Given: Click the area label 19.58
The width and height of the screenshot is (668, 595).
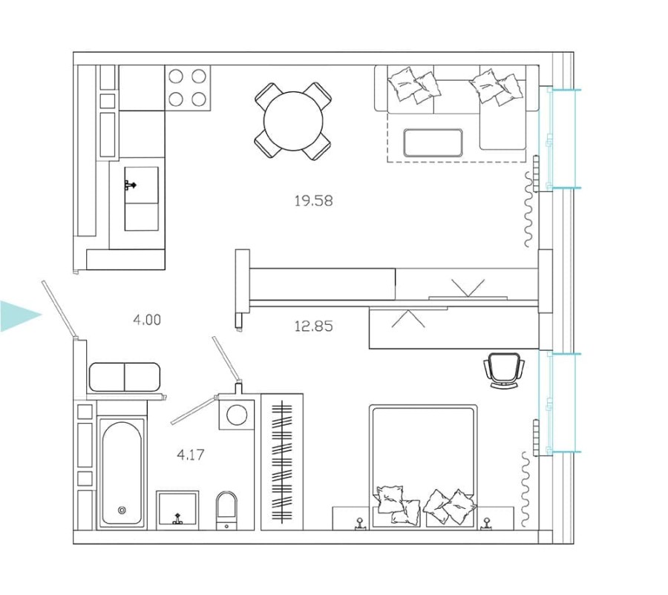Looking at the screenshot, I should pyautogui.click(x=313, y=200).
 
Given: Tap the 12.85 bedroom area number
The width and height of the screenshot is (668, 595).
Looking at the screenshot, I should pyautogui.click(x=313, y=326).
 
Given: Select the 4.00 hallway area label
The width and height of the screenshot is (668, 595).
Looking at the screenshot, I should pyautogui.click(x=146, y=320).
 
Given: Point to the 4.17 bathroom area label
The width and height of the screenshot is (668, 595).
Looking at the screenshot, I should pyautogui.click(x=191, y=455).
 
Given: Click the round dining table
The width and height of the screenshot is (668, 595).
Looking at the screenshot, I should pyautogui.click(x=294, y=120).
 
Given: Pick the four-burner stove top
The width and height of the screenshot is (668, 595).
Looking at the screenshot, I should pyautogui.click(x=187, y=88).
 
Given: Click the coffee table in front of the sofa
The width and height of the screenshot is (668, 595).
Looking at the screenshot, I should pyautogui.click(x=433, y=142).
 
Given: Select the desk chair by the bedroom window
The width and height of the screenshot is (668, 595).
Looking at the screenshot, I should pyautogui.click(x=503, y=369).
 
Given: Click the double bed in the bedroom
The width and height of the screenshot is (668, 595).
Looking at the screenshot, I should pyautogui.click(x=423, y=464).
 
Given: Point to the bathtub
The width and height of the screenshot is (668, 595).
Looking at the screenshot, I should pyautogui.click(x=122, y=473).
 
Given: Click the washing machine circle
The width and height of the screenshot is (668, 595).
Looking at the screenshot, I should pyautogui.click(x=238, y=415).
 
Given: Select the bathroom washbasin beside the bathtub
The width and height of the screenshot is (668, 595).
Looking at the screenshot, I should pyautogui.click(x=177, y=509).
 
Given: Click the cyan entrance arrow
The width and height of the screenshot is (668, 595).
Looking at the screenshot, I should pyautogui.click(x=19, y=316).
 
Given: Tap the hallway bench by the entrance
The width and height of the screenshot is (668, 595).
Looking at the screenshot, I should pyautogui.click(x=125, y=377).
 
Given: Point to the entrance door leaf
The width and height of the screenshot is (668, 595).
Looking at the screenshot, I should pyautogui.click(x=59, y=309).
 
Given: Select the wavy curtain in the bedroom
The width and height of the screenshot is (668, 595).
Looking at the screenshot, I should pyautogui.click(x=527, y=486).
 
